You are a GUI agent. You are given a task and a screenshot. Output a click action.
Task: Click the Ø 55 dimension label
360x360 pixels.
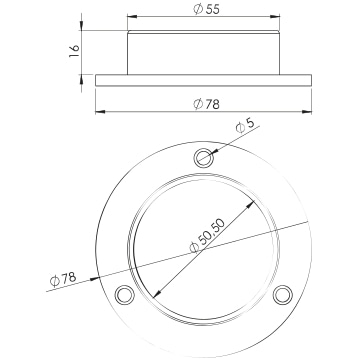pyautogui.click(x=206, y=9)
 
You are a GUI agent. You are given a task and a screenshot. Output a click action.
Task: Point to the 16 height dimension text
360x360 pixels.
pyautogui.click(x=74, y=51)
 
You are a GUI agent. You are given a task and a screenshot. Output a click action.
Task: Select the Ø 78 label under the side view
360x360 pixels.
pyautogui.click(x=206, y=104)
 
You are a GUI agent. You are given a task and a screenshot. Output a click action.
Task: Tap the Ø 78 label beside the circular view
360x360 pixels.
pyautogui.click(x=63, y=279)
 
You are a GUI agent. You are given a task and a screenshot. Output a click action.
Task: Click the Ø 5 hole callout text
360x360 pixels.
pyautogui.click(x=245, y=126)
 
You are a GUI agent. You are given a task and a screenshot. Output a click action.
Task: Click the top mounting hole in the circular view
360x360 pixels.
pyautogui.click(x=204, y=157)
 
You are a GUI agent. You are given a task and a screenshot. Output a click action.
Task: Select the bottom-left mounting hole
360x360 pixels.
pyautogui.click(x=125, y=295)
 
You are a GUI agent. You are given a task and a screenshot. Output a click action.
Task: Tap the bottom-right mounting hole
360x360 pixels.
pyautogui.click(x=283, y=295)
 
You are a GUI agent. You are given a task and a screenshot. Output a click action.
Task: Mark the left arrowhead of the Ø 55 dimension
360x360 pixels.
pyautogui.click(x=132, y=16)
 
